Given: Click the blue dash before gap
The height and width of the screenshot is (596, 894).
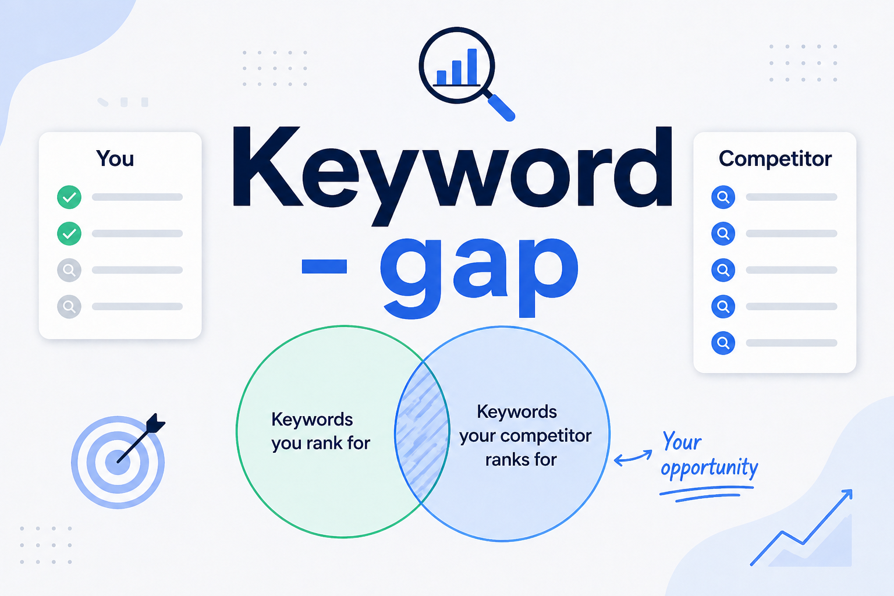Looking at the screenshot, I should [324, 267].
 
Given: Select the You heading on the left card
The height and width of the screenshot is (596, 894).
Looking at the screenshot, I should [115, 159].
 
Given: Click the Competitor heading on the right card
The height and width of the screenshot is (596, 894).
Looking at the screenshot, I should [775, 159].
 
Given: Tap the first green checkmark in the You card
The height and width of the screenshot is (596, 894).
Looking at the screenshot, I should [69, 197].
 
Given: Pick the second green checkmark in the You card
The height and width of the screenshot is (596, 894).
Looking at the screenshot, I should [69, 234].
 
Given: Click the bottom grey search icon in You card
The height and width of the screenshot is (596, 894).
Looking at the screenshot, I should [69, 306].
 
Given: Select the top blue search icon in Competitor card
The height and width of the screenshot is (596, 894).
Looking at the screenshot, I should [723, 197].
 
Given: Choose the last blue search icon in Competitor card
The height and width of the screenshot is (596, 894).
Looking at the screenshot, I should [723, 343].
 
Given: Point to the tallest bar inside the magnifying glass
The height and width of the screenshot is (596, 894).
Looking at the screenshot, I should [472, 66].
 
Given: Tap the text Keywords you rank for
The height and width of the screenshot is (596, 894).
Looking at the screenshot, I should [320, 431].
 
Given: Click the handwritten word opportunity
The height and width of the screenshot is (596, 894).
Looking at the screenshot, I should [709, 468].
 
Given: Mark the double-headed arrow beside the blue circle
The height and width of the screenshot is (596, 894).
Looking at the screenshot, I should [633, 457].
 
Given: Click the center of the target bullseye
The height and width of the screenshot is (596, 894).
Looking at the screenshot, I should [118, 463].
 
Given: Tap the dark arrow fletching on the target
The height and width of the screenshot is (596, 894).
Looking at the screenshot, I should [155, 423].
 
